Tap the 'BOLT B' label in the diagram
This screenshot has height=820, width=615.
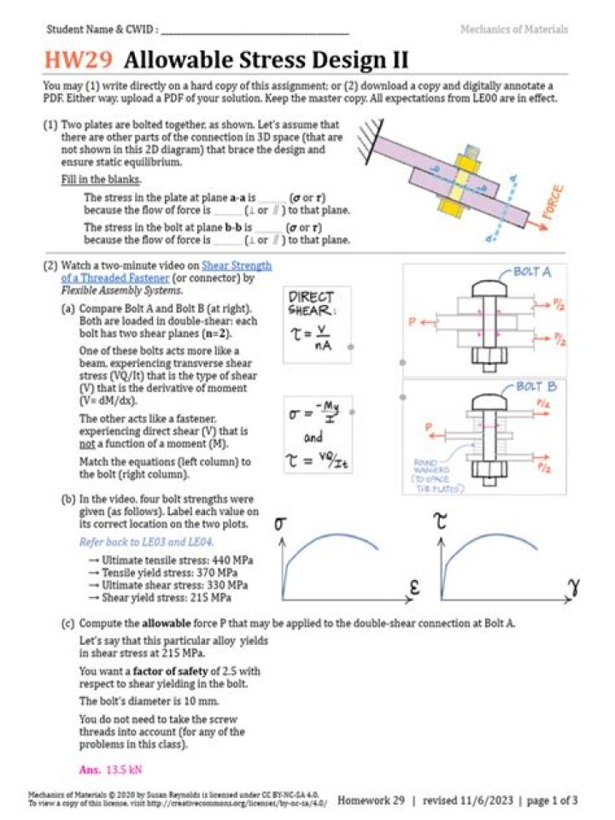click(x=536, y=387)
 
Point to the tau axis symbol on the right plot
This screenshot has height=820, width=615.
click(x=441, y=525)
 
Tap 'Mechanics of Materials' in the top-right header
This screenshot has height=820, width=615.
click(x=513, y=29)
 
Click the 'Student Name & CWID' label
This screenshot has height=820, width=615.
click(x=101, y=29)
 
